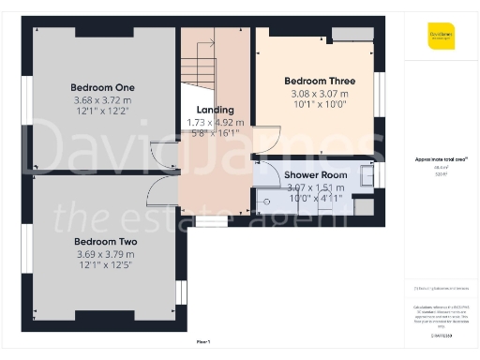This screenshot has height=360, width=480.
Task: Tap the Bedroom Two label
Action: [104, 241]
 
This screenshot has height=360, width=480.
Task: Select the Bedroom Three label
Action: [320, 82]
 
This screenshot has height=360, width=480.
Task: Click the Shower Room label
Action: [315, 174]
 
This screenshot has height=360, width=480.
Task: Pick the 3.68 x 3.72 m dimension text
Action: [103, 100]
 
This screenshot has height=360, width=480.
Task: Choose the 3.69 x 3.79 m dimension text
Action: [104, 254]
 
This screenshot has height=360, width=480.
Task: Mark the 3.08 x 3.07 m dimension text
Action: [320, 94]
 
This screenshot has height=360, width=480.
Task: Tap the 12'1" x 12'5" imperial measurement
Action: [104, 266]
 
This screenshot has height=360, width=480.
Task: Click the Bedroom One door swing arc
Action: [163, 156]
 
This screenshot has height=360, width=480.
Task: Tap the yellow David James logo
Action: [442, 39]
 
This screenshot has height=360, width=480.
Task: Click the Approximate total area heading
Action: [441, 160]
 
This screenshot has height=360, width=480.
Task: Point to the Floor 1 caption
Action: [203, 341]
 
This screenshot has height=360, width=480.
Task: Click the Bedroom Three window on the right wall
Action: [380, 93]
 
